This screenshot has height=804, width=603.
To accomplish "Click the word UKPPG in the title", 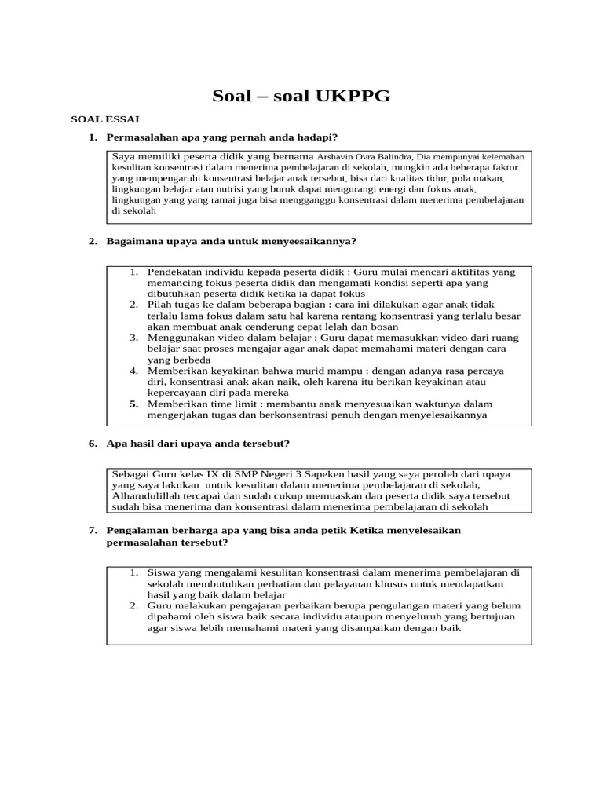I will (x=353, y=96).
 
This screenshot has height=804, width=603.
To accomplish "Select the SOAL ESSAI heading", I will (x=105, y=120).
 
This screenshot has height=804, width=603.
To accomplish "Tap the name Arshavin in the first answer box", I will (x=336, y=156).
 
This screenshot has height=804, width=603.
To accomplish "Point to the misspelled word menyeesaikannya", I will (x=303, y=241).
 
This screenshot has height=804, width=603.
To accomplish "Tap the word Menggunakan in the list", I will (x=182, y=338).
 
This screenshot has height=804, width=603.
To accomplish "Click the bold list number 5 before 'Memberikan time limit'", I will (x=134, y=404).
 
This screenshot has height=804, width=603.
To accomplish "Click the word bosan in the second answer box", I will (x=383, y=327).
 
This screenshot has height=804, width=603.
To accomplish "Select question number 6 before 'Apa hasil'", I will (x=93, y=444).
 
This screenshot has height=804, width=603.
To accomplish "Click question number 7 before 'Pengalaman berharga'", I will (x=93, y=531).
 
